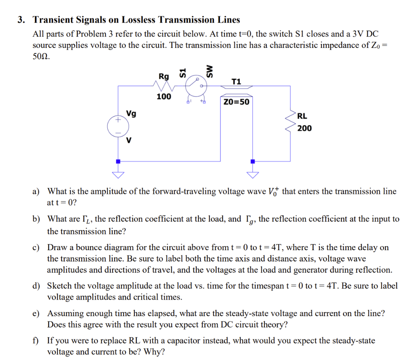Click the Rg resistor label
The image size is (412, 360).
(164, 76)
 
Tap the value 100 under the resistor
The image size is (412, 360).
(164, 97)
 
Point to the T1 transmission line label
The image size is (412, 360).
(237, 82)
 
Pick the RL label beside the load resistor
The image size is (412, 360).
(302, 116)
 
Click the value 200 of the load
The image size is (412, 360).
(305, 128)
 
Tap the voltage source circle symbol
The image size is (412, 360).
(118, 127)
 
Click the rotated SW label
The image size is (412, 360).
(209, 71)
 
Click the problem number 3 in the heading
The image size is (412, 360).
(20, 20)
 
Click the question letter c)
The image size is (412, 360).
(36, 247)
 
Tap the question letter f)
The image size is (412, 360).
(36, 341)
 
